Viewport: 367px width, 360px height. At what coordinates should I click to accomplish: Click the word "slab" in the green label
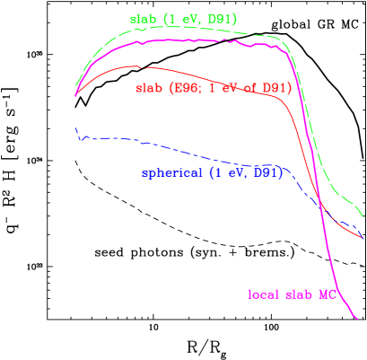pos(143,19)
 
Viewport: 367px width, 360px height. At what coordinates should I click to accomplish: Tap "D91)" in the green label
pos(222,19)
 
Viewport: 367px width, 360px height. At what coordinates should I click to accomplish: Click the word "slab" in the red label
pos(148,88)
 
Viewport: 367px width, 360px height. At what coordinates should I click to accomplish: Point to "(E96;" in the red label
pos(183,88)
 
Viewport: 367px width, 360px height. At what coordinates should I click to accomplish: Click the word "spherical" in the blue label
pos(171,173)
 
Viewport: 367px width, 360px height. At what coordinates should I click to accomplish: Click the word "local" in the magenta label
pos(264,294)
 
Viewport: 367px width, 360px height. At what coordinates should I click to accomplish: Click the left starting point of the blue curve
pos(75,128)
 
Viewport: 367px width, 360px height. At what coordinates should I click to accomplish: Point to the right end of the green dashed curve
pos(363,215)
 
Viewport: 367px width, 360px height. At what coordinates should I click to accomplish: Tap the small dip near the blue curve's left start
pos(81,141)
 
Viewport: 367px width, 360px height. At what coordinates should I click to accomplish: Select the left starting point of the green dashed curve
pos(75,88)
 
